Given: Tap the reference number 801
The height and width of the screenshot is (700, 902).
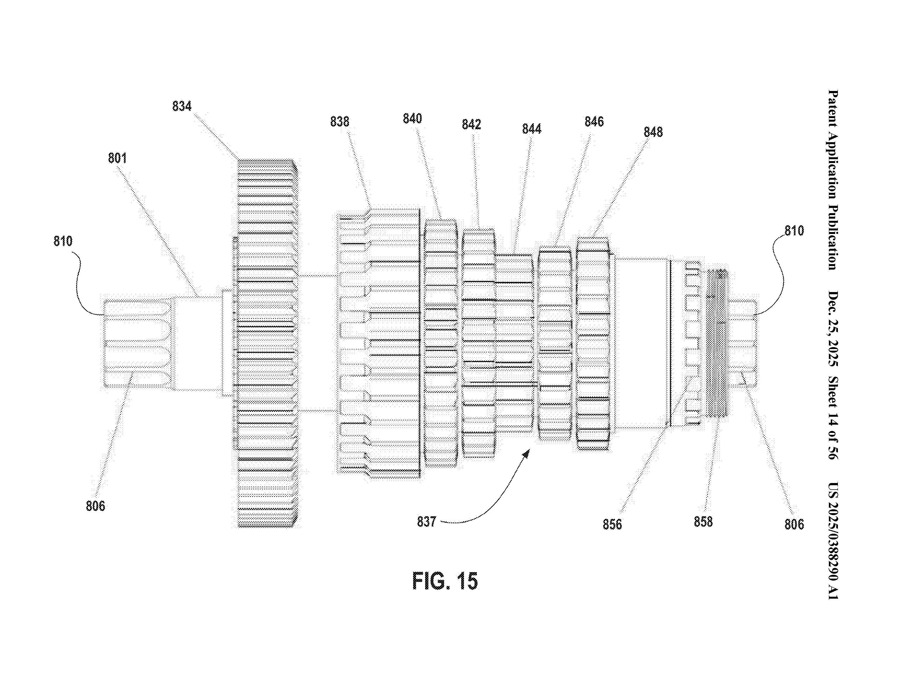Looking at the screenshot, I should click(117, 158).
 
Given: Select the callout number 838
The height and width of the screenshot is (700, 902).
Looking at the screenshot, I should click(339, 122).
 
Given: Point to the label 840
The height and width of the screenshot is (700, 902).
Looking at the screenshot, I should click(412, 119).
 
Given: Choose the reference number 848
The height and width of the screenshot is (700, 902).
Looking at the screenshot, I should click(653, 132).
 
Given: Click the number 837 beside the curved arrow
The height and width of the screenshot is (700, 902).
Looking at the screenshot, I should click(426, 522).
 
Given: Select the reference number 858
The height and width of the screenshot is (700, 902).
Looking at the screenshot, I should click(703, 522).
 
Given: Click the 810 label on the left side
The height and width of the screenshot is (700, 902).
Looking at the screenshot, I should click(63, 241).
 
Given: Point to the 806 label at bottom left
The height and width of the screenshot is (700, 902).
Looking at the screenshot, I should click(95, 506).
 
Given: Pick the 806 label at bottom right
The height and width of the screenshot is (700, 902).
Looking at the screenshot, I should click(794, 524).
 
